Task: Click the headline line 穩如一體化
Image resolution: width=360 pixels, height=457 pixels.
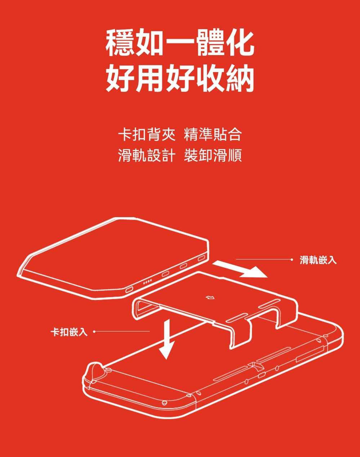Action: [x=180, y=44]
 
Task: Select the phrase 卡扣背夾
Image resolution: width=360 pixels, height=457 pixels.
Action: [x=147, y=135]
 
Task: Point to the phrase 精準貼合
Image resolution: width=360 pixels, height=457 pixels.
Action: [x=213, y=135]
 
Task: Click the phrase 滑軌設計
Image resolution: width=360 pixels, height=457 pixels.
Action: [x=147, y=155]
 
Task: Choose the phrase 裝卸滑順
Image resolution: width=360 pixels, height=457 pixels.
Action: [x=213, y=155]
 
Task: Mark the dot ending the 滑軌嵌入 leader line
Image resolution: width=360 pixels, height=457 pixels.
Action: [x=293, y=259]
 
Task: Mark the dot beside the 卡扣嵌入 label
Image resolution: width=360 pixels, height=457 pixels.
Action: [x=95, y=331]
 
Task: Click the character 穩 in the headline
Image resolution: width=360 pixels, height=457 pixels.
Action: [x=121, y=44]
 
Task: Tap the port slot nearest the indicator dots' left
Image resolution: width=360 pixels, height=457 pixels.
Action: [x=129, y=290]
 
